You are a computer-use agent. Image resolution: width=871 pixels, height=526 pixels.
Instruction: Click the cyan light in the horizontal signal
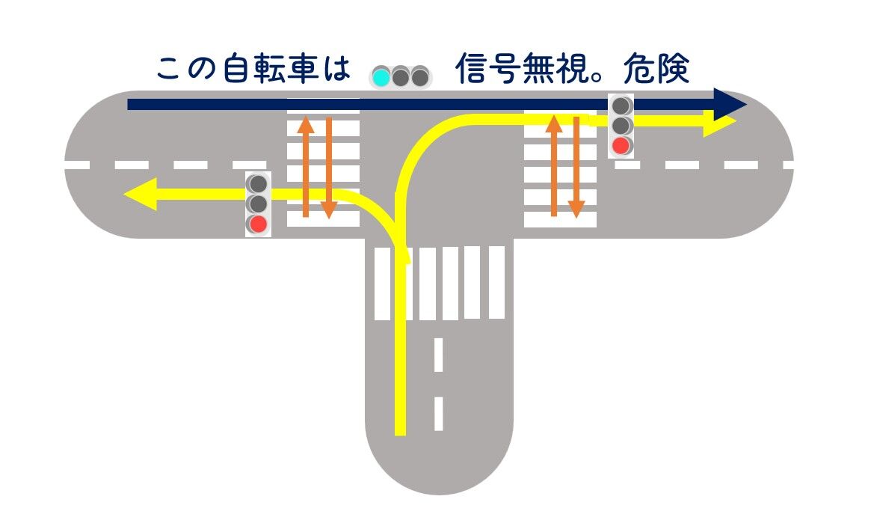point(381,76)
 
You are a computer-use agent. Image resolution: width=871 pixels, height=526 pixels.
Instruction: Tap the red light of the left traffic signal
point(258,224)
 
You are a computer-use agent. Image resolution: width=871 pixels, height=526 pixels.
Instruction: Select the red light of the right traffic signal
point(621,145)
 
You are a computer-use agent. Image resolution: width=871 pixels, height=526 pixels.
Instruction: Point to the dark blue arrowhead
point(728,104)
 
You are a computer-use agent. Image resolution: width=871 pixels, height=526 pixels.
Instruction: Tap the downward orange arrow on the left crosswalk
point(327,169)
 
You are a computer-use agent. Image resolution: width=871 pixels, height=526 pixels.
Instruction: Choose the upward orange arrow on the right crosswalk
point(553,165)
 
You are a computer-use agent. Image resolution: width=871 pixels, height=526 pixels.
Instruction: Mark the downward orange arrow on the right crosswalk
point(576,168)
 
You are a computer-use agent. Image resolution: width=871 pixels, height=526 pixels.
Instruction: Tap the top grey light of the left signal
point(258,183)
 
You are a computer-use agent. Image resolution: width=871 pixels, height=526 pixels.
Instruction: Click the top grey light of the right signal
point(621,105)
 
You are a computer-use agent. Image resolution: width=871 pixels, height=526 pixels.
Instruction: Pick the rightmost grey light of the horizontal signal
point(420,76)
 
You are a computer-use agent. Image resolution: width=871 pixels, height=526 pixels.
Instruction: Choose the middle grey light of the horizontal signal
point(401,76)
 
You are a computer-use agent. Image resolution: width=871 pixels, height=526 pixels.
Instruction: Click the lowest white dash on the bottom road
point(438,414)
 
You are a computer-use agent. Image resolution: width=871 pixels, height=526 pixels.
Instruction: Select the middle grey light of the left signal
point(258,204)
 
